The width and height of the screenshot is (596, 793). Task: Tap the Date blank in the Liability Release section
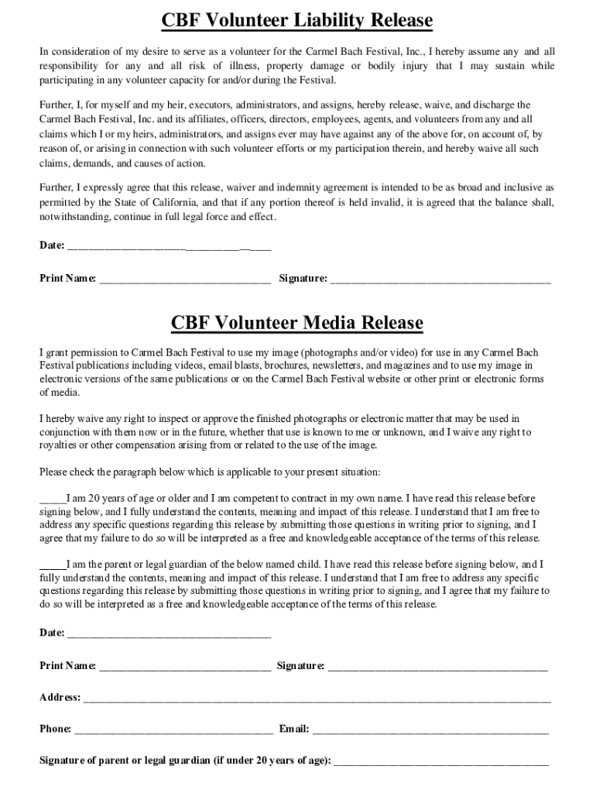(x=170, y=247)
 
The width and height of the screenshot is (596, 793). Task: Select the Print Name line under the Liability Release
(x=185, y=280)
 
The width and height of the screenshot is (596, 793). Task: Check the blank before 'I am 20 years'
(x=53, y=499)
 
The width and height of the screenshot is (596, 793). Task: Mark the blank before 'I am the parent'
(x=53, y=565)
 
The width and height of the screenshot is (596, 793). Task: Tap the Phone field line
(x=173, y=729)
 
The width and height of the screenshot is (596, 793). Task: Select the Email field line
(x=430, y=729)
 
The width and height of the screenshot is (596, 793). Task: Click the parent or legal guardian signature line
(x=441, y=761)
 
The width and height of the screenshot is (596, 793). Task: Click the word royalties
(x=61, y=445)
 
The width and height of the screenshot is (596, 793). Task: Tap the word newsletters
(x=330, y=366)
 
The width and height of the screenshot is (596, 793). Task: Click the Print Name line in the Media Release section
(x=185, y=666)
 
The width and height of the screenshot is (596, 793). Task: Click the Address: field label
(x=60, y=697)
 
